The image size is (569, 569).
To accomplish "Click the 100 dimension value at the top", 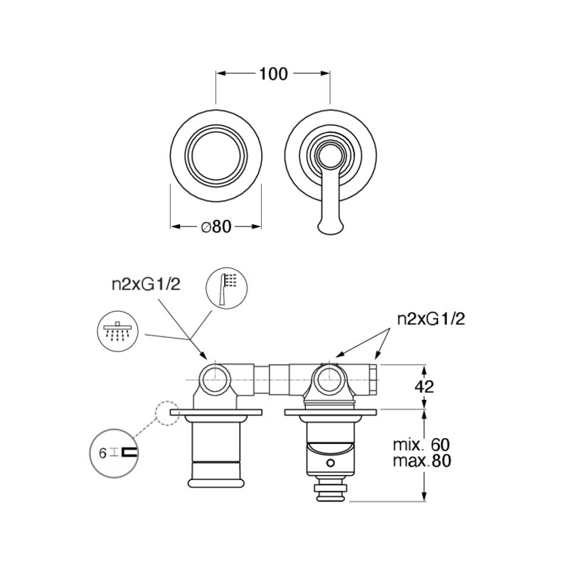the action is coord(273,74).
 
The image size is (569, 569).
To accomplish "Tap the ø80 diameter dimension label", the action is coord(216,227).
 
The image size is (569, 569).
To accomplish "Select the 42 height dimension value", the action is coord(424,387).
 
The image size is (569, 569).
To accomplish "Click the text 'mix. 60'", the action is coord(421,445).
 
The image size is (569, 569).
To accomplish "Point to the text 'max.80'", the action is coord(422,461).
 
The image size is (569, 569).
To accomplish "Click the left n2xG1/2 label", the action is coord(147,285).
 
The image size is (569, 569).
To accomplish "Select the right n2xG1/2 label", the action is coord(431,319).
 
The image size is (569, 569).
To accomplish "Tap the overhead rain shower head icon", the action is coord(117,331).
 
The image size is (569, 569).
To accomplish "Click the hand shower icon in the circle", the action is coord(226,288).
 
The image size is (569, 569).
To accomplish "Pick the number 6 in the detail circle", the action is coord(102,453).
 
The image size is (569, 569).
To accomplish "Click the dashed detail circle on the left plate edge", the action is coord(168,413).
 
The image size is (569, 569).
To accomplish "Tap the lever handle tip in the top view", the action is coord(330,228).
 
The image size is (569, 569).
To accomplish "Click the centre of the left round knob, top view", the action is coord(216,156).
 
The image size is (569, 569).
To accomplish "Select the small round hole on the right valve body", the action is coord(330,463).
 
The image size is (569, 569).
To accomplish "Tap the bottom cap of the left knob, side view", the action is coord(216,483).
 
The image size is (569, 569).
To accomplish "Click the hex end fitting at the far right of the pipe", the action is coord(373,380).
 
